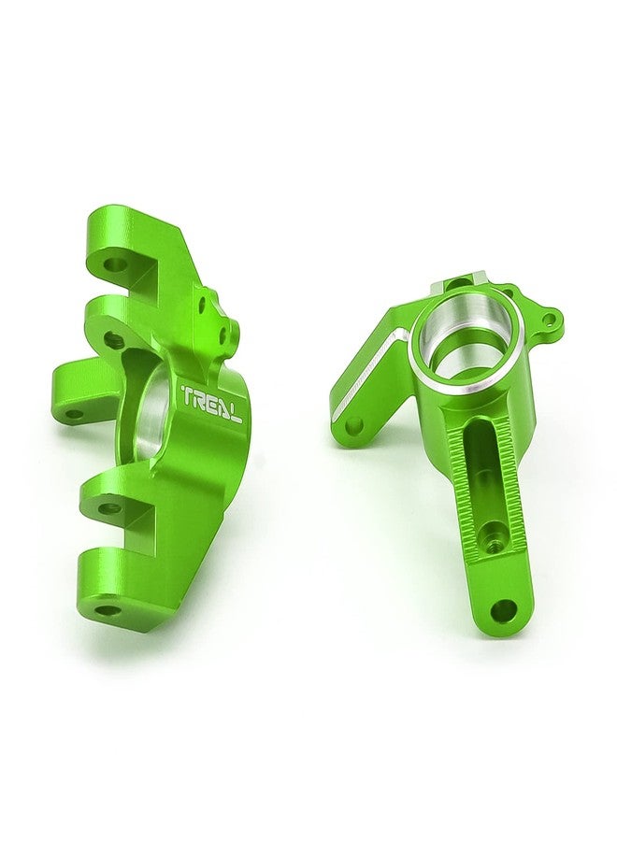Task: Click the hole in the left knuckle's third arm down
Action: (110, 507)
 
